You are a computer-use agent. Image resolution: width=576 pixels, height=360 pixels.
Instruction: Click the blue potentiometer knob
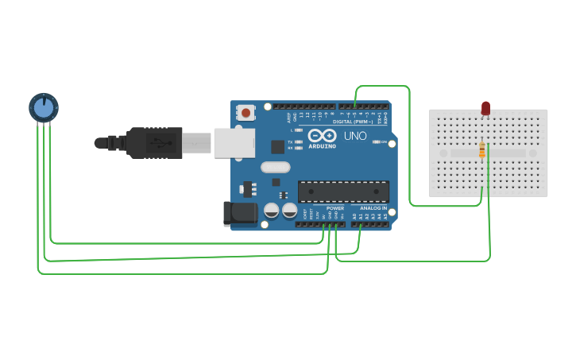tap(44, 106)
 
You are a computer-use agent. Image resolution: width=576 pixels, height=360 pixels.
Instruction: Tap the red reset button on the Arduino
tap(245, 113)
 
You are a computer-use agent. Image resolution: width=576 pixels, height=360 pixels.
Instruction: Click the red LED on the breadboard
tap(485, 107)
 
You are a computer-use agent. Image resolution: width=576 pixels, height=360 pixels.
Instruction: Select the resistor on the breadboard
tap(482, 149)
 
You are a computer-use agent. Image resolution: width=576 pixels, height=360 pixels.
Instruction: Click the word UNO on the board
tap(355, 136)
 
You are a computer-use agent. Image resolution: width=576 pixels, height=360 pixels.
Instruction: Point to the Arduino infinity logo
tap(322, 135)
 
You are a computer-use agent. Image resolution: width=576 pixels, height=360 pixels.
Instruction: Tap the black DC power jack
tap(241, 213)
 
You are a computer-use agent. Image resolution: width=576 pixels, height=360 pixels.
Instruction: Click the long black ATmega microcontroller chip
tap(343, 192)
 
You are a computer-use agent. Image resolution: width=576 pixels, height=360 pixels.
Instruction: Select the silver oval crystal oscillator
tap(275, 167)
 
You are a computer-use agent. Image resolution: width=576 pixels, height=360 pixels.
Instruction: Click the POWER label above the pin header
tap(334, 208)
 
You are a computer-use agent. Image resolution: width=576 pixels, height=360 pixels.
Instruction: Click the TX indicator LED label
tap(290, 141)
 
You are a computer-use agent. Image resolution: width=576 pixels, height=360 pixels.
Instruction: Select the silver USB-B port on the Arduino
tap(234, 143)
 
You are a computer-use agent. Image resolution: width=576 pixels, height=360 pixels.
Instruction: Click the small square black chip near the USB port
tap(277, 146)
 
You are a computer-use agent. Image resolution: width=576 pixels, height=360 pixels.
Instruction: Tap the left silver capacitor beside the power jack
tap(271, 211)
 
